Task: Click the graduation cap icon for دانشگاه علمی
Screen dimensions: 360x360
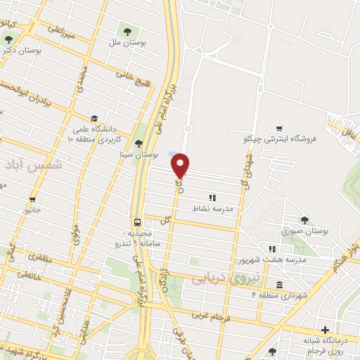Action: tap(94, 118)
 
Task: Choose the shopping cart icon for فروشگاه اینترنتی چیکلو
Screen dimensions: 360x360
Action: tap(280, 128)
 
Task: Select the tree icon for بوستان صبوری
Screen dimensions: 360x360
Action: tap(304, 220)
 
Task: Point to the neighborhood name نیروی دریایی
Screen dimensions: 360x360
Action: tap(226, 279)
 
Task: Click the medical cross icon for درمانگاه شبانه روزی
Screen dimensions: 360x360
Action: tap(325, 330)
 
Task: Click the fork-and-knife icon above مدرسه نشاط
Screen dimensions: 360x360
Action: tap(212, 198)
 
